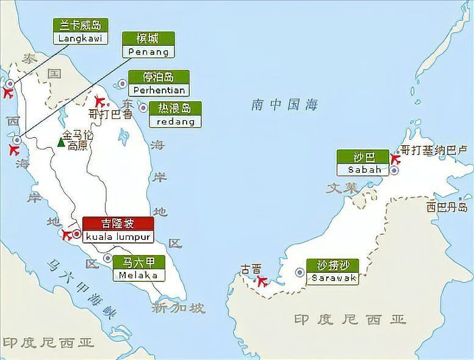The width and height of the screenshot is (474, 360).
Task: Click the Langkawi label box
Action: tap(81, 32)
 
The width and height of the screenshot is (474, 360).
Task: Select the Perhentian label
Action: tap(158, 83)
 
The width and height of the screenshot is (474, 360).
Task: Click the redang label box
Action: tap(176, 115)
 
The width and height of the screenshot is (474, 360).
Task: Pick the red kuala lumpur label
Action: tap(117, 229)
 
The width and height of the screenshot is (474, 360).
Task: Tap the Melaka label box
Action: tap(139, 268)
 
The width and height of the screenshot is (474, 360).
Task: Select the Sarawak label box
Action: tap(333, 272)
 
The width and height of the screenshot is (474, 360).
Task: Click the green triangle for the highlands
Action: tap(61, 142)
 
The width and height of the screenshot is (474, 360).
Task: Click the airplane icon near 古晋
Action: tap(262, 281)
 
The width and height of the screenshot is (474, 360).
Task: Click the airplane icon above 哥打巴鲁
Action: tap(100, 101)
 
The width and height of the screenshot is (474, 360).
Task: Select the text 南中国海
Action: tap(284, 106)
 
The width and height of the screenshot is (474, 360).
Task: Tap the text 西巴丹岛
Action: tap(447, 207)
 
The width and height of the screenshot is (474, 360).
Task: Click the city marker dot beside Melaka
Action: tap(108, 258)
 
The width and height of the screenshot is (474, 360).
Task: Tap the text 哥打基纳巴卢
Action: tap(434, 150)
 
